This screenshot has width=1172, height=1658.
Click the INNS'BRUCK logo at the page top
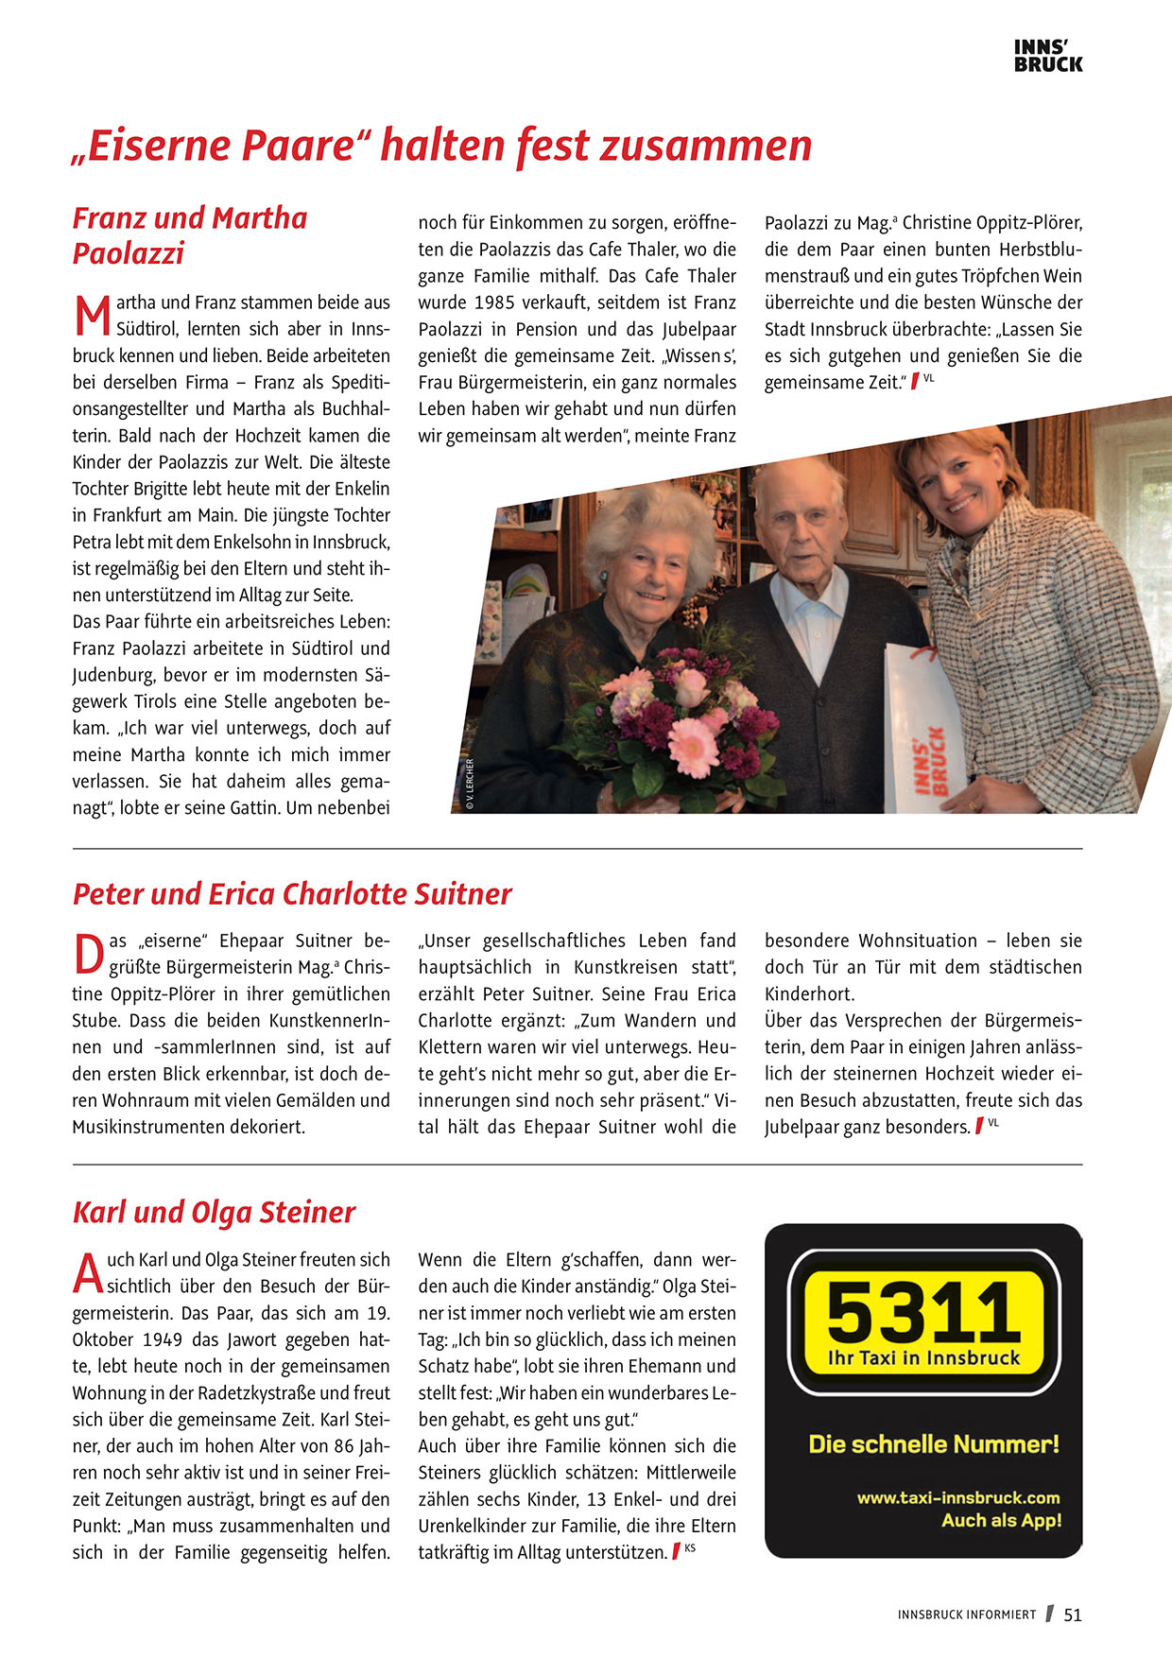coord(1048,56)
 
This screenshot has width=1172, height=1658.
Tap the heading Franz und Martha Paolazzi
coord(190,235)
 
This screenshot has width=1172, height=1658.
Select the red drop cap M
coord(92,317)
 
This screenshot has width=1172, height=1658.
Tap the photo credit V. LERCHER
coord(470,785)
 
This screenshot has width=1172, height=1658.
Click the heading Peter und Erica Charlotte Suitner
coord(292,893)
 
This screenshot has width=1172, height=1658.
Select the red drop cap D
coord(88,955)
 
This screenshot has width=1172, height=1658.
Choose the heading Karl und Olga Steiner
coord(214,1212)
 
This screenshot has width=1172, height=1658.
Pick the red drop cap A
coord(88,1273)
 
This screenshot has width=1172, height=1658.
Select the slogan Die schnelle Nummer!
coord(934,1444)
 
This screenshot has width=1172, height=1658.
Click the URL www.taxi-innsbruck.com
coord(957,1497)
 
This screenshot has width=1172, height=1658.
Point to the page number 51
coord(1073,1615)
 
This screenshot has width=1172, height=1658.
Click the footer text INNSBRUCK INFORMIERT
coord(967,1615)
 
